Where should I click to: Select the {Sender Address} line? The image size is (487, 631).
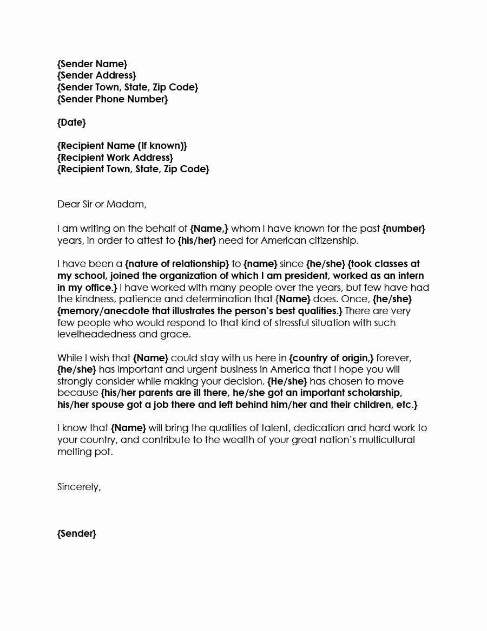96,75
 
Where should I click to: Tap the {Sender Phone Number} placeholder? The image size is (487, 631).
112,99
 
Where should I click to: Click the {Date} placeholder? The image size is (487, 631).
71,122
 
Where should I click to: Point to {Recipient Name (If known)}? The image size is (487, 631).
122,146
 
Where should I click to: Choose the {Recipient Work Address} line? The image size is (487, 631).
115,158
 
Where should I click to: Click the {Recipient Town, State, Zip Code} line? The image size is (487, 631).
133,170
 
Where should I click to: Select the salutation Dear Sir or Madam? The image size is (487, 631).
102,204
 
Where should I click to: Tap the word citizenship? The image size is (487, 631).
332,240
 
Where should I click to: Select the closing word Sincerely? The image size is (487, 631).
79,487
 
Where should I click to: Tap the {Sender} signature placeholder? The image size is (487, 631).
76,534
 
